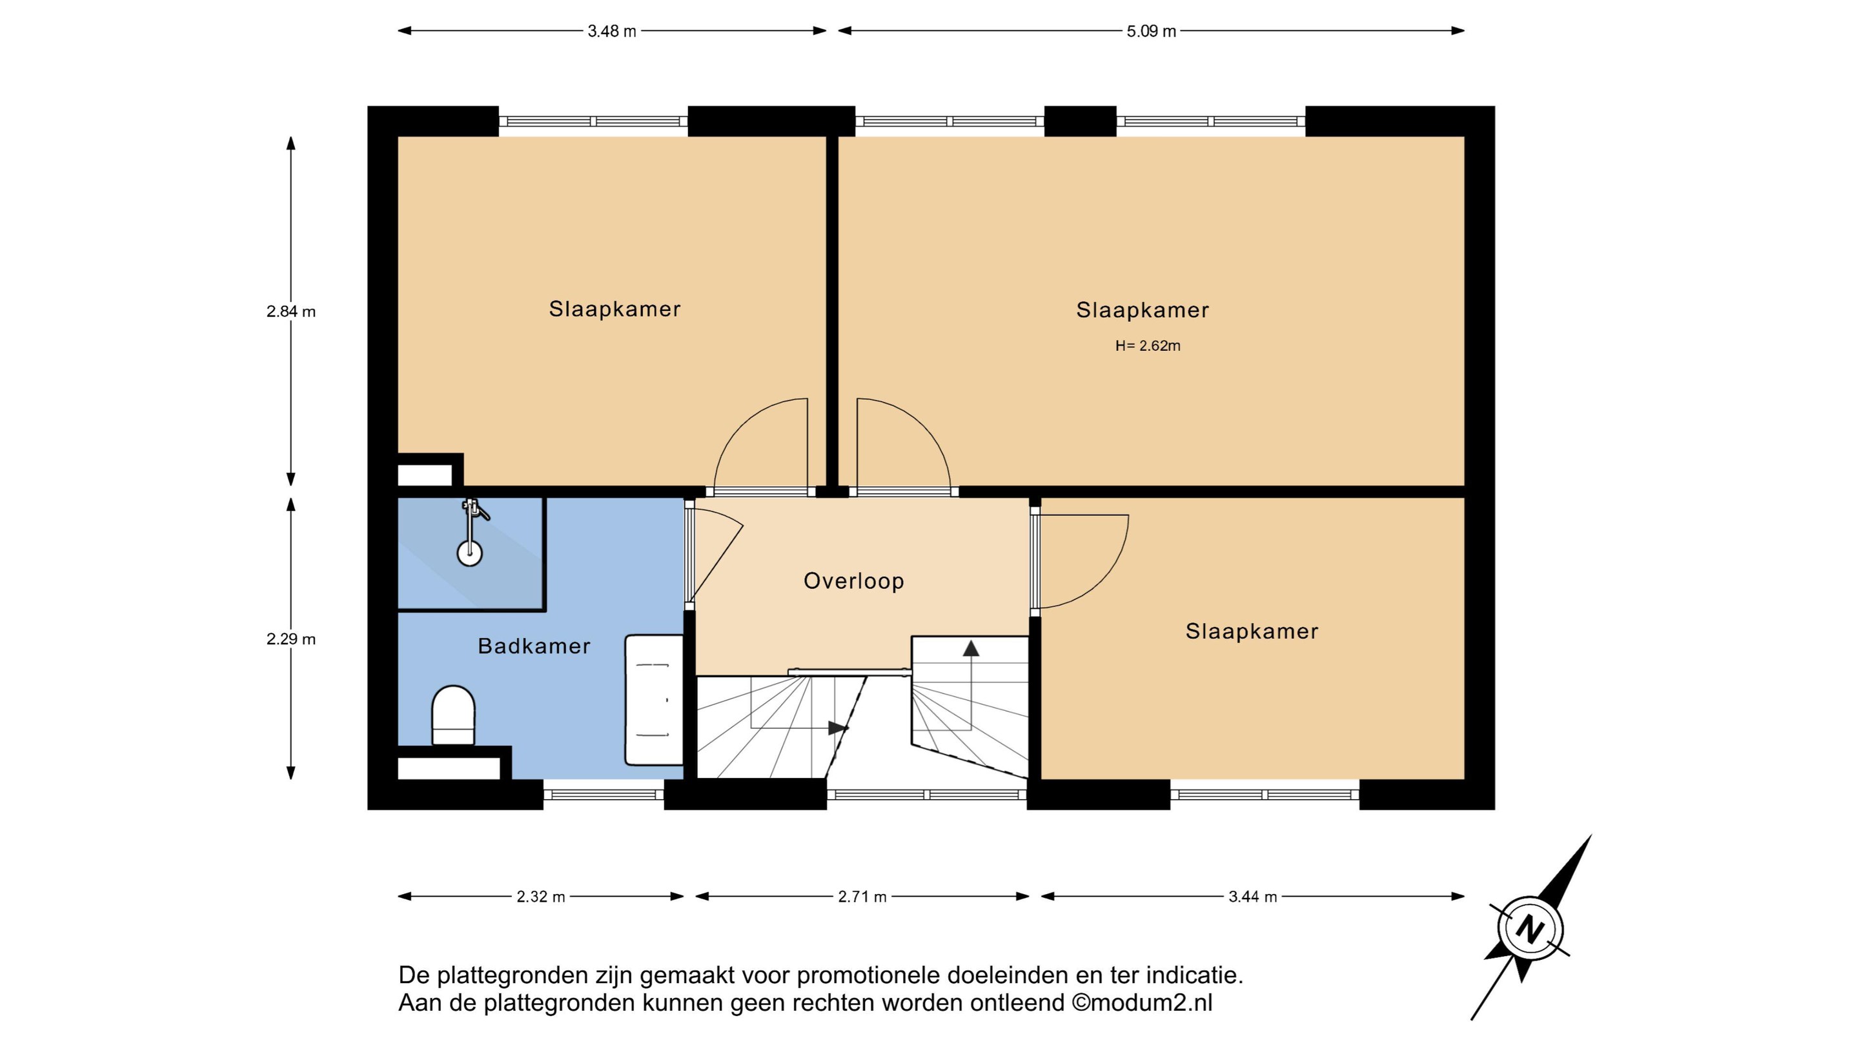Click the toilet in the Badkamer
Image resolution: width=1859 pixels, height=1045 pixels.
coord(453,715)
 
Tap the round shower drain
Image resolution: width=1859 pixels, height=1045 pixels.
coord(470,554)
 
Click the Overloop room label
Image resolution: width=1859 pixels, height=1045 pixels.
coord(854,581)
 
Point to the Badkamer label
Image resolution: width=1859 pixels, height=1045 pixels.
coord(534,646)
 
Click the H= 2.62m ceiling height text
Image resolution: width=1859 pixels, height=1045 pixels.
coord(1148,346)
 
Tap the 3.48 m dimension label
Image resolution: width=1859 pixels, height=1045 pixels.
coord(612,31)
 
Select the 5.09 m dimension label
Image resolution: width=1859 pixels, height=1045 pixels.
coord(1152,31)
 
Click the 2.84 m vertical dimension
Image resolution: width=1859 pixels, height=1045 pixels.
coord(291,312)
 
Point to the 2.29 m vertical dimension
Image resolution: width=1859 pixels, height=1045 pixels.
coord(291,639)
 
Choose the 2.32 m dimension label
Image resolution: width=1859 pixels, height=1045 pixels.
coord(540,897)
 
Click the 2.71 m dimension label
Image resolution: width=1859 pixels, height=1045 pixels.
coord(862,897)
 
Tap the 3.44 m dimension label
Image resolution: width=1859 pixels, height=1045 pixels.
coord(1253,897)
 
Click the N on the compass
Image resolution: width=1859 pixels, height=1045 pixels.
coord(1529,928)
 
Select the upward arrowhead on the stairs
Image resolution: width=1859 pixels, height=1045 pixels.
coord(971,648)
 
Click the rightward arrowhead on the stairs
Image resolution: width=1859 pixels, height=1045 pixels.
coord(837,728)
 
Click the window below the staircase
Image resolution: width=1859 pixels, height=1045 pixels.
coord(927,795)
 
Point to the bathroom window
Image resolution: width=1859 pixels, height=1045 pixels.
coord(604,795)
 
